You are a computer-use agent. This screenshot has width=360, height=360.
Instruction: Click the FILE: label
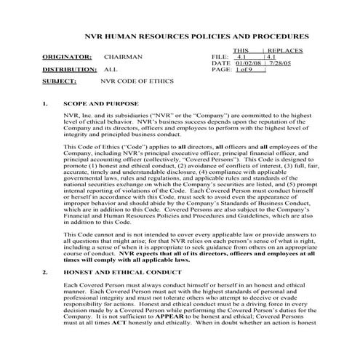click(220, 55)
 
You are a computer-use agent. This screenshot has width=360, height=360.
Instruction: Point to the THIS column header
click(241, 49)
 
